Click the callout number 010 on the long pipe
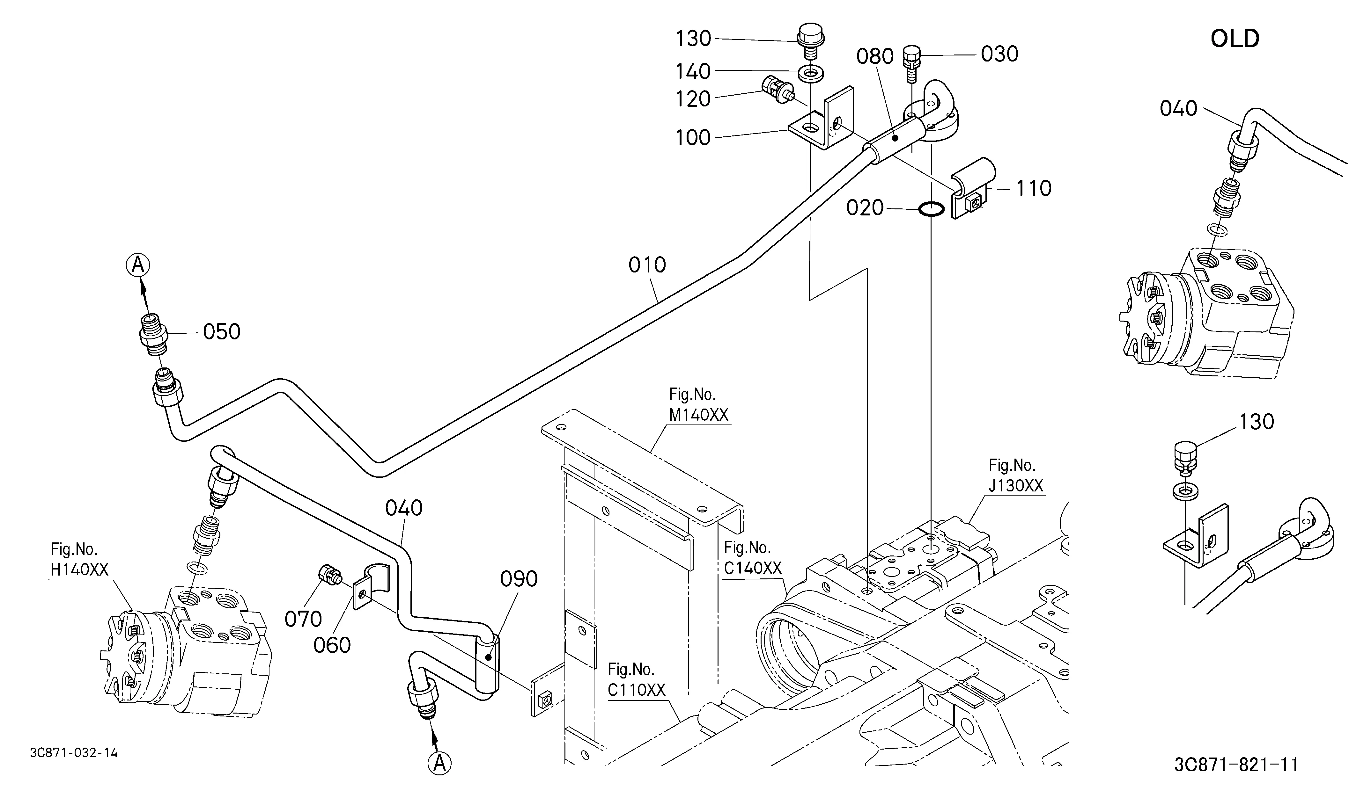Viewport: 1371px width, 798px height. [x=647, y=265]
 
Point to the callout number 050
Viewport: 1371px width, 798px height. [x=221, y=331]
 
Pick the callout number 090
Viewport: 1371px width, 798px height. [x=519, y=579]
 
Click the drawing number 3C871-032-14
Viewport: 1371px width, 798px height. [x=74, y=753]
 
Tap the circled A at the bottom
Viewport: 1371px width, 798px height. [x=439, y=763]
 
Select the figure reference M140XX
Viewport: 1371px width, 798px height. [x=698, y=415]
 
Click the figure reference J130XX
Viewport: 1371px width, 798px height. [x=1016, y=485]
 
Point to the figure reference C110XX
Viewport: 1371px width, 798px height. [x=637, y=690]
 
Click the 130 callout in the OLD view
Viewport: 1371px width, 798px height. [x=1256, y=422]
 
